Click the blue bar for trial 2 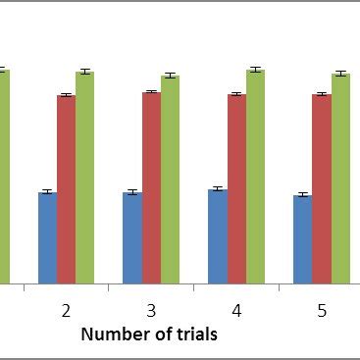[x=47, y=237]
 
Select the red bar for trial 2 [x=66, y=189]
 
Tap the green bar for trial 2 [x=84, y=178]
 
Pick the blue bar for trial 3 [x=132, y=237]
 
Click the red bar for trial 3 [x=151, y=187]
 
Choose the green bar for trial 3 [x=170, y=180]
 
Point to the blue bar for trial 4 [x=218, y=236]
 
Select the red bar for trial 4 [x=236, y=189]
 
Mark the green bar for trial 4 [x=255, y=177]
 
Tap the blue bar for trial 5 [x=302, y=239]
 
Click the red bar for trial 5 [x=321, y=189]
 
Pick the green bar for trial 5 [x=339, y=179]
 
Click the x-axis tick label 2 [x=66, y=311]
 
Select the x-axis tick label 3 [x=151, y=311]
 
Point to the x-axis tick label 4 [x=236, y=311]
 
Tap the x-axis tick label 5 [x=322, y=311]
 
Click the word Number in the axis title [x=111, y=334]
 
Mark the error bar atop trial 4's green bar [x=255, y=70]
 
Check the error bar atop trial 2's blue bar [x=47, y=191]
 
